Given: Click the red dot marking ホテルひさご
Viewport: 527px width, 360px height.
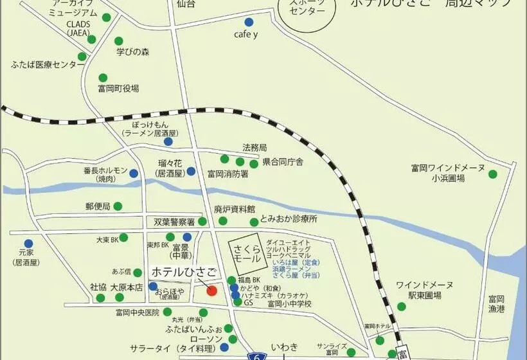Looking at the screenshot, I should pyautogui.click(x=211, y=290).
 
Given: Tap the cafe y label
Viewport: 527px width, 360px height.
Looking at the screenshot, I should pyautogui.click(x=246, y=35).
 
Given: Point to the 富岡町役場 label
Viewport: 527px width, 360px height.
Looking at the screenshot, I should pyautogui.click(x=118, y=89).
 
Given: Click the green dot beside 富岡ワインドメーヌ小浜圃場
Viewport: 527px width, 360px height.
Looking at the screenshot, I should pyautogui.click(x=492, y=174).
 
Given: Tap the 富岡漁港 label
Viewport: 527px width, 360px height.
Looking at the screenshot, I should pyautogui.click(x=497, y=303).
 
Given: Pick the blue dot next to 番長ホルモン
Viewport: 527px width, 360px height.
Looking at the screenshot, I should pyautogui.click(x=134, y=173).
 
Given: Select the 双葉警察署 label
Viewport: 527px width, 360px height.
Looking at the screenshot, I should pyautogui.click(x=174, y=222).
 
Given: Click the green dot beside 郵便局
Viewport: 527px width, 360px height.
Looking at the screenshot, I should pyautogui.click(x=118, y=206).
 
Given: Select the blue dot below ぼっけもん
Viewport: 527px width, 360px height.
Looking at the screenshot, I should pyautogui.click(x=168, y=141).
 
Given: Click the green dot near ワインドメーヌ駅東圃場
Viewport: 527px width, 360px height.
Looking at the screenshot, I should pyautogui.click(x=402, y=307).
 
